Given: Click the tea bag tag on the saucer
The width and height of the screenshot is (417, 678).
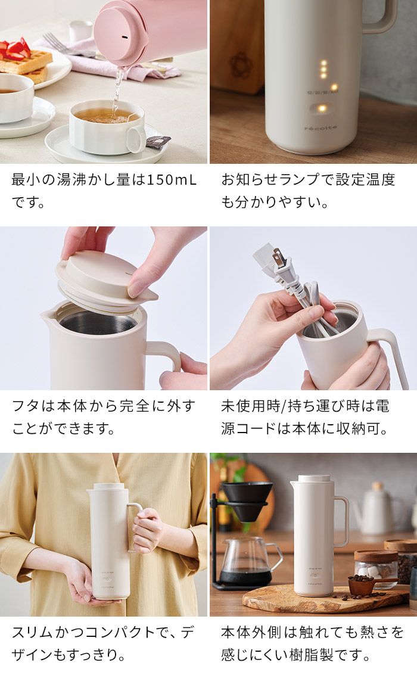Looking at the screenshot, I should point(158,141).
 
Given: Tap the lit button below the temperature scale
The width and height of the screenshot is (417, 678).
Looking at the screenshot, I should point(322,108).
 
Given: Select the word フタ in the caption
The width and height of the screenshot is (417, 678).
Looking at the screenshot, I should point(26,406).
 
